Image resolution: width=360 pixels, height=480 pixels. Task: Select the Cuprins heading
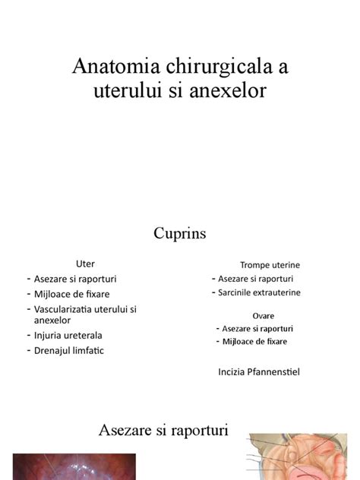(180, 232)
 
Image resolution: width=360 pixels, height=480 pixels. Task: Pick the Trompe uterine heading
(270, 265)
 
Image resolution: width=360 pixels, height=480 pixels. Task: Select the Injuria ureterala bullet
(68, 335)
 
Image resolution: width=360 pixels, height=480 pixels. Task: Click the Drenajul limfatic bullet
(68, 350)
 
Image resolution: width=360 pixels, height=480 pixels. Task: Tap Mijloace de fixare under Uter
(71, 293)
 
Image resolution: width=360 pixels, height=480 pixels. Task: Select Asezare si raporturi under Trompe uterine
(258, 279)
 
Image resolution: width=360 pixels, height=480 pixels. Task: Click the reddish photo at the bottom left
(74, 467)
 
